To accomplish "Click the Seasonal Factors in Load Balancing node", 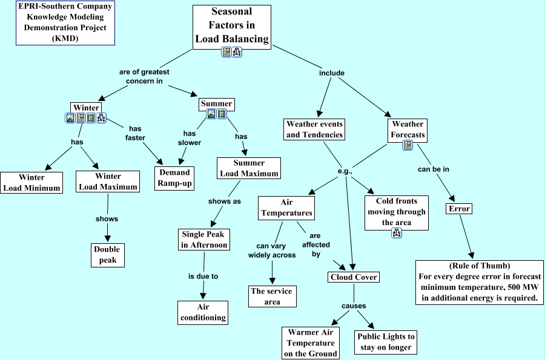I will coord(231,25).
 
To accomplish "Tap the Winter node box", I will coord(86,108).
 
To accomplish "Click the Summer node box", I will coord(216,104).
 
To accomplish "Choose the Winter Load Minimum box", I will coord(31,183).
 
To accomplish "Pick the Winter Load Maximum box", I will coord(108,182).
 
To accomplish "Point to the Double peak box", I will coord(107,255).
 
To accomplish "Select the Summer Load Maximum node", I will coord(249,168).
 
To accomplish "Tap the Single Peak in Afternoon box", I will coord(204,240).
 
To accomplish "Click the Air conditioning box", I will coord(203,312).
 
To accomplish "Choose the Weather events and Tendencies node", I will coord(314,129).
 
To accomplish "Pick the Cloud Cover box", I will coord(354,277).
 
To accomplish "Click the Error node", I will coord(458,209).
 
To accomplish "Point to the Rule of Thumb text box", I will coord(478,281).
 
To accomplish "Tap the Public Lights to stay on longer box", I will coord(385,342).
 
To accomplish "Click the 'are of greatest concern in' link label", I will coord(144,76).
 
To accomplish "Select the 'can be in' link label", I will coord(433,169).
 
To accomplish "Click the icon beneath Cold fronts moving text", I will coord(397,233).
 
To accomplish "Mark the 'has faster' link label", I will coord(136,133).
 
